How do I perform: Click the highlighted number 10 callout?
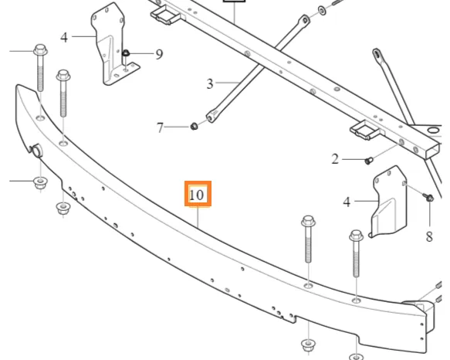(198, 194)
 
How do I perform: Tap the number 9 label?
(159, 54)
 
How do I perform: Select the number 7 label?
(160, 127)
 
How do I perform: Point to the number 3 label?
(210, 84)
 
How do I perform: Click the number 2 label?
(335, 159)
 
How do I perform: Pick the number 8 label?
(429, 236)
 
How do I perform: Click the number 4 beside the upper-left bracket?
(64, 38)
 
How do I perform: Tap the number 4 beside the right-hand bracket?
(347, 202)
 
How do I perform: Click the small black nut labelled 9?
(126, 53)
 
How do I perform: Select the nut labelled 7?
(194, 126)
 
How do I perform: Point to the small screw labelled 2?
(368, 161)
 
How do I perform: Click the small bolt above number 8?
(428, 198)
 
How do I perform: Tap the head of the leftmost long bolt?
(40, 49)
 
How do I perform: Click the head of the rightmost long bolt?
(356, 236)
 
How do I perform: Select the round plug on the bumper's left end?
(36, 151)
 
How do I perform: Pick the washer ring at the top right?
(322, 11)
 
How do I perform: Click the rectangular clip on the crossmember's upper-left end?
(165, 15)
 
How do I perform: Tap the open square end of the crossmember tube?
(432, 151)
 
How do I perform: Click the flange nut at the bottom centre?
(309, 345)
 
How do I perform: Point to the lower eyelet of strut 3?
(211, 117)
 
